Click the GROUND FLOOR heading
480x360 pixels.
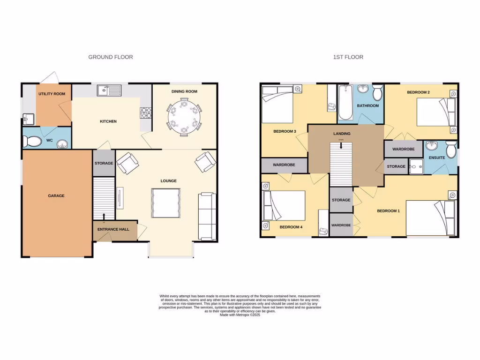pyautogui.click(x=111, y=57)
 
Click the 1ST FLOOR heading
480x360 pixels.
pyautogui.click(x=348, y=57)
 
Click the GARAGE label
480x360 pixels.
pyautogui.click(x=56, y=195)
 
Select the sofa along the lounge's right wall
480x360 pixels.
pyautogui.click(x=206, y=216)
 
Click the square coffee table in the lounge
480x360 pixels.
pyautogui.click(x=165, y=203)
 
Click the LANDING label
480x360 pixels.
pyautogui.click(x=342, y=134)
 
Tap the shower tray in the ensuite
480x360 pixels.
pyautogui.click(x=415, y=164)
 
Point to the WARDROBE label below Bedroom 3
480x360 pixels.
pyautogui.click(x=284, y=165)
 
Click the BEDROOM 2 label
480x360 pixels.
pyautogui.click(x=418, y=92)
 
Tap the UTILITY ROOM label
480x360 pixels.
pyautogui.click(x=52, y=94)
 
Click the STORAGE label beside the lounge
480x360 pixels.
pyautogui.click(x=104, y=163)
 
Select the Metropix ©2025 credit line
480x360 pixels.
pyautogui.click(x=240, y=315)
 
